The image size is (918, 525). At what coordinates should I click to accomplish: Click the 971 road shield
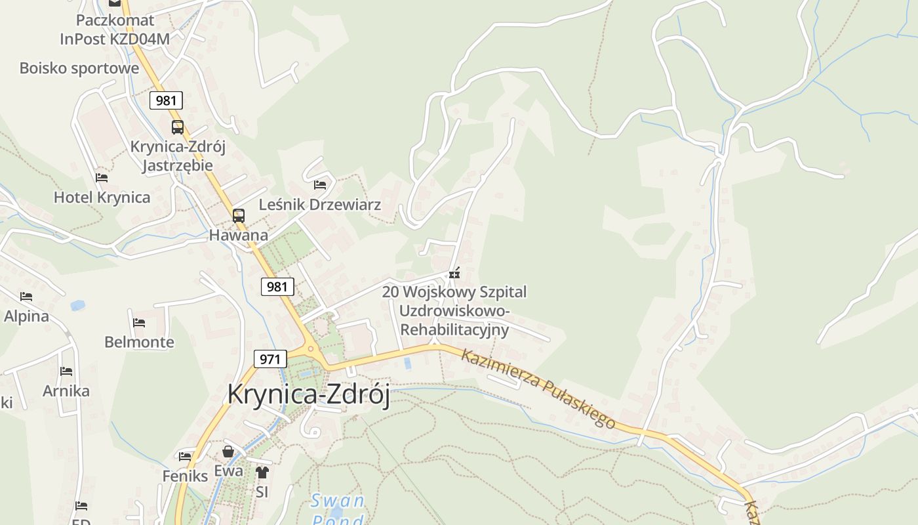(269, 359)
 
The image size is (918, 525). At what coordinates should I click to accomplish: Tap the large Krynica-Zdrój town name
(308, 394)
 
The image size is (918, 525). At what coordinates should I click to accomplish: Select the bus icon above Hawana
(239, 215)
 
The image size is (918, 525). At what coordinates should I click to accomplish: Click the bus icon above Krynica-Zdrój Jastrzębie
(178, 127)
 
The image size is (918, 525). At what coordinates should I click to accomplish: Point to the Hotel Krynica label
(102, 197)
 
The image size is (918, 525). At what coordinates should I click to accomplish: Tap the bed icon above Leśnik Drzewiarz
(320, 185)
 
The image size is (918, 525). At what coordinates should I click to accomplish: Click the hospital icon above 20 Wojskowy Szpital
(454, 272)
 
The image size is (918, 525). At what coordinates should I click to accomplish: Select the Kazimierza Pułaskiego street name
(538, 388)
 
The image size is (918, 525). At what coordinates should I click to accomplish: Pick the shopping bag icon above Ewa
(228, 451)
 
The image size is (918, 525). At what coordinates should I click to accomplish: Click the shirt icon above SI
(262, 472)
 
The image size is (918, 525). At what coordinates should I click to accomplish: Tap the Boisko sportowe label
(79, 68)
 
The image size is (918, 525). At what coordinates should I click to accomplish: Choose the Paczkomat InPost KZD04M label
(115, 30)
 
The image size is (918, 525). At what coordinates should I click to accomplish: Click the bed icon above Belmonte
(139, 322)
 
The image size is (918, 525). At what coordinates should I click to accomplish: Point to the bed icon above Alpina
(26, 297)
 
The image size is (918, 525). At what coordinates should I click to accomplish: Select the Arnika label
(66, 391)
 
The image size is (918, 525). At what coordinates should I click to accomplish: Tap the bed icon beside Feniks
(185, 456)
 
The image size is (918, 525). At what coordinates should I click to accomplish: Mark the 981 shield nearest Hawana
(277, 287)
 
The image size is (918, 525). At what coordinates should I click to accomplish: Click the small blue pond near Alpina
(78, 305)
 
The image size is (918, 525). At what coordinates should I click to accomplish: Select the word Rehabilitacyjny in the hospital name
(454, 329)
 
